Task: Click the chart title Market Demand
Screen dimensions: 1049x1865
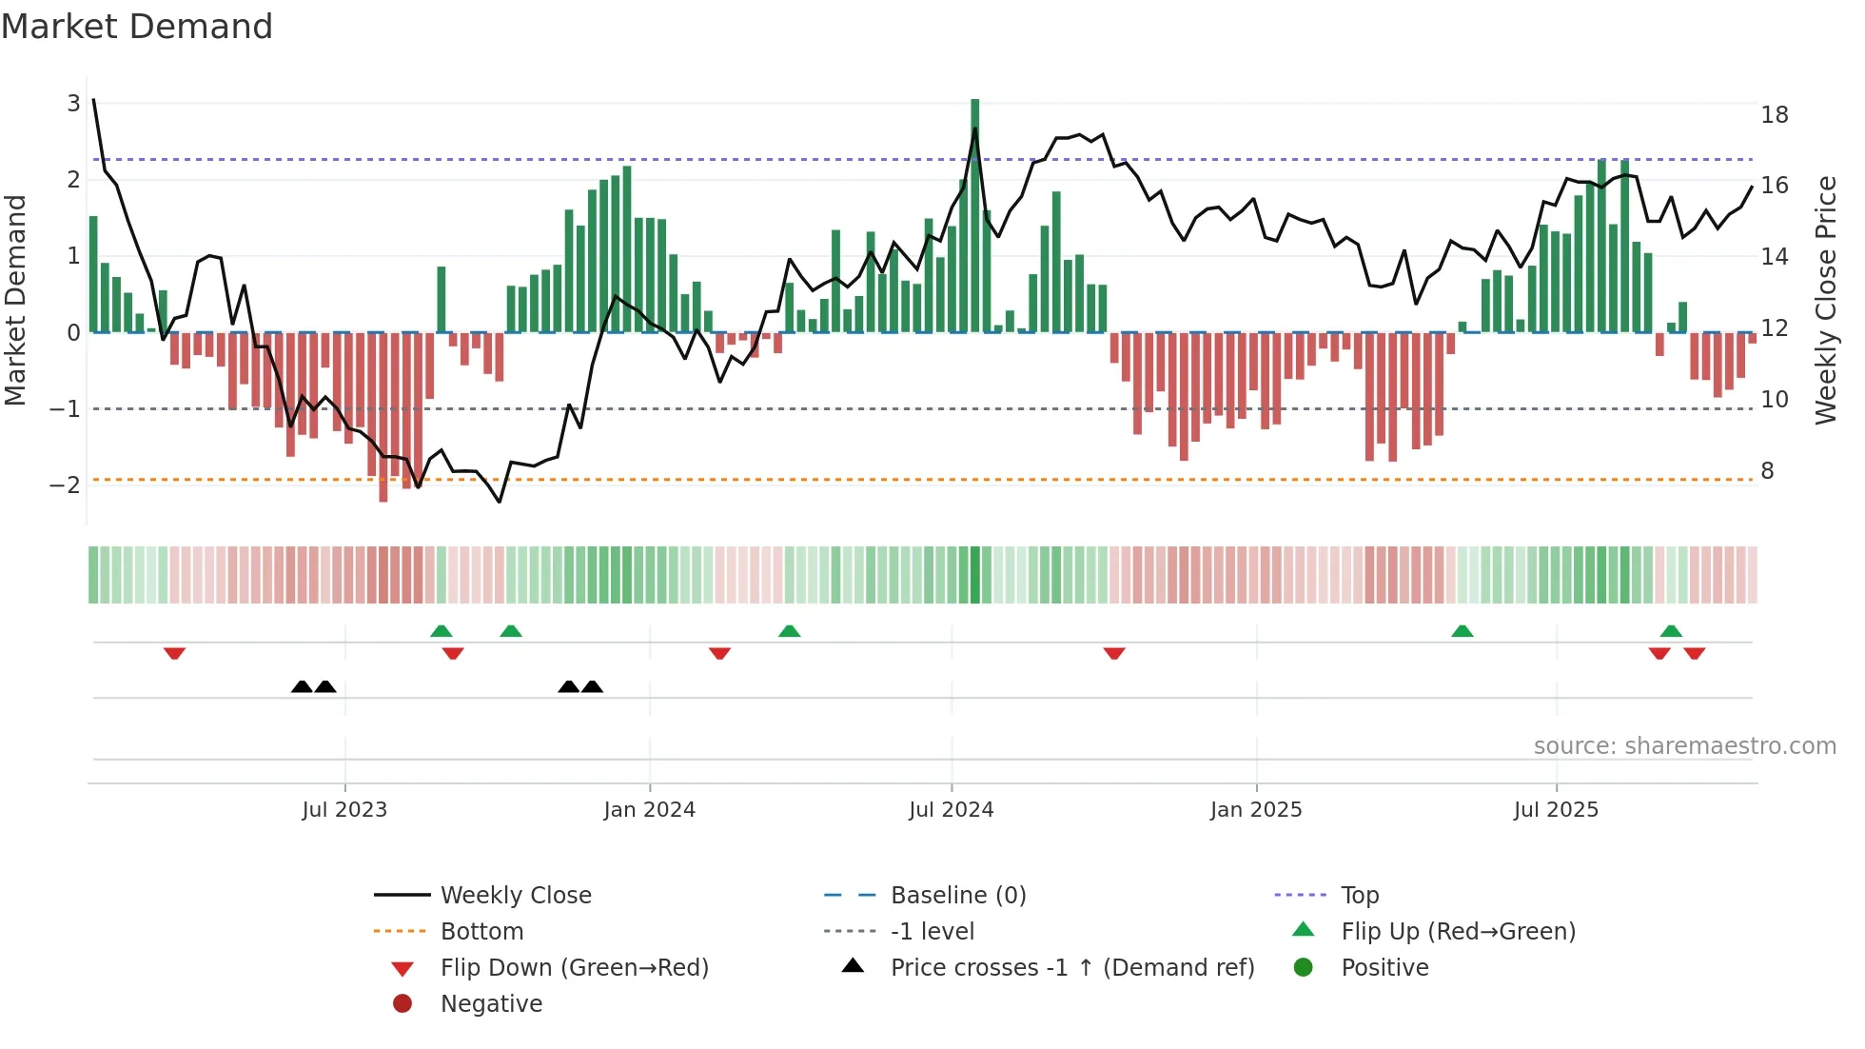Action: point(137,27)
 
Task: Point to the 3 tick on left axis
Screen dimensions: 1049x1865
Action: point(73,103)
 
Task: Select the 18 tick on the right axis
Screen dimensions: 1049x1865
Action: point(1774,115)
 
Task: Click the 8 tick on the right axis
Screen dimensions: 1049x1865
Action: point(1767,471)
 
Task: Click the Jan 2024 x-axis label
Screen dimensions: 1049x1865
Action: point(649,810)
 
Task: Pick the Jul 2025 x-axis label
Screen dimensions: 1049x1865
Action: point(1556,810)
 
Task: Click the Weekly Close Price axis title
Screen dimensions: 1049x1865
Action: point(1825,300)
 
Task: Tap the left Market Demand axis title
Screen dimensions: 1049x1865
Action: point(16,300)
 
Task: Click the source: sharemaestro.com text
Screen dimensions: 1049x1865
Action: point(1684,746)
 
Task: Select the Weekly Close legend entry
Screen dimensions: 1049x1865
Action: point(515,896)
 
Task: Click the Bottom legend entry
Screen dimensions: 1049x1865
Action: point(481,932)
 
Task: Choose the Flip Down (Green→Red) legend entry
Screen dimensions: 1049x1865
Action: point(574,968)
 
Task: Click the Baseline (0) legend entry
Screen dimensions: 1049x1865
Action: point(957,896)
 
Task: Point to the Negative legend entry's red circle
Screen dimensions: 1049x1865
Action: point(402,1004)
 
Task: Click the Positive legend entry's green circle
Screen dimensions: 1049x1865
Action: point(1304,968)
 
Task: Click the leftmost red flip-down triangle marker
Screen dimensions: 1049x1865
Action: point(174,653)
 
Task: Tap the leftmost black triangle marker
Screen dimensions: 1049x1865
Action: point(302,686)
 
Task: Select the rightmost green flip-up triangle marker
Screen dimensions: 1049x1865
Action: point(1671,630)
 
